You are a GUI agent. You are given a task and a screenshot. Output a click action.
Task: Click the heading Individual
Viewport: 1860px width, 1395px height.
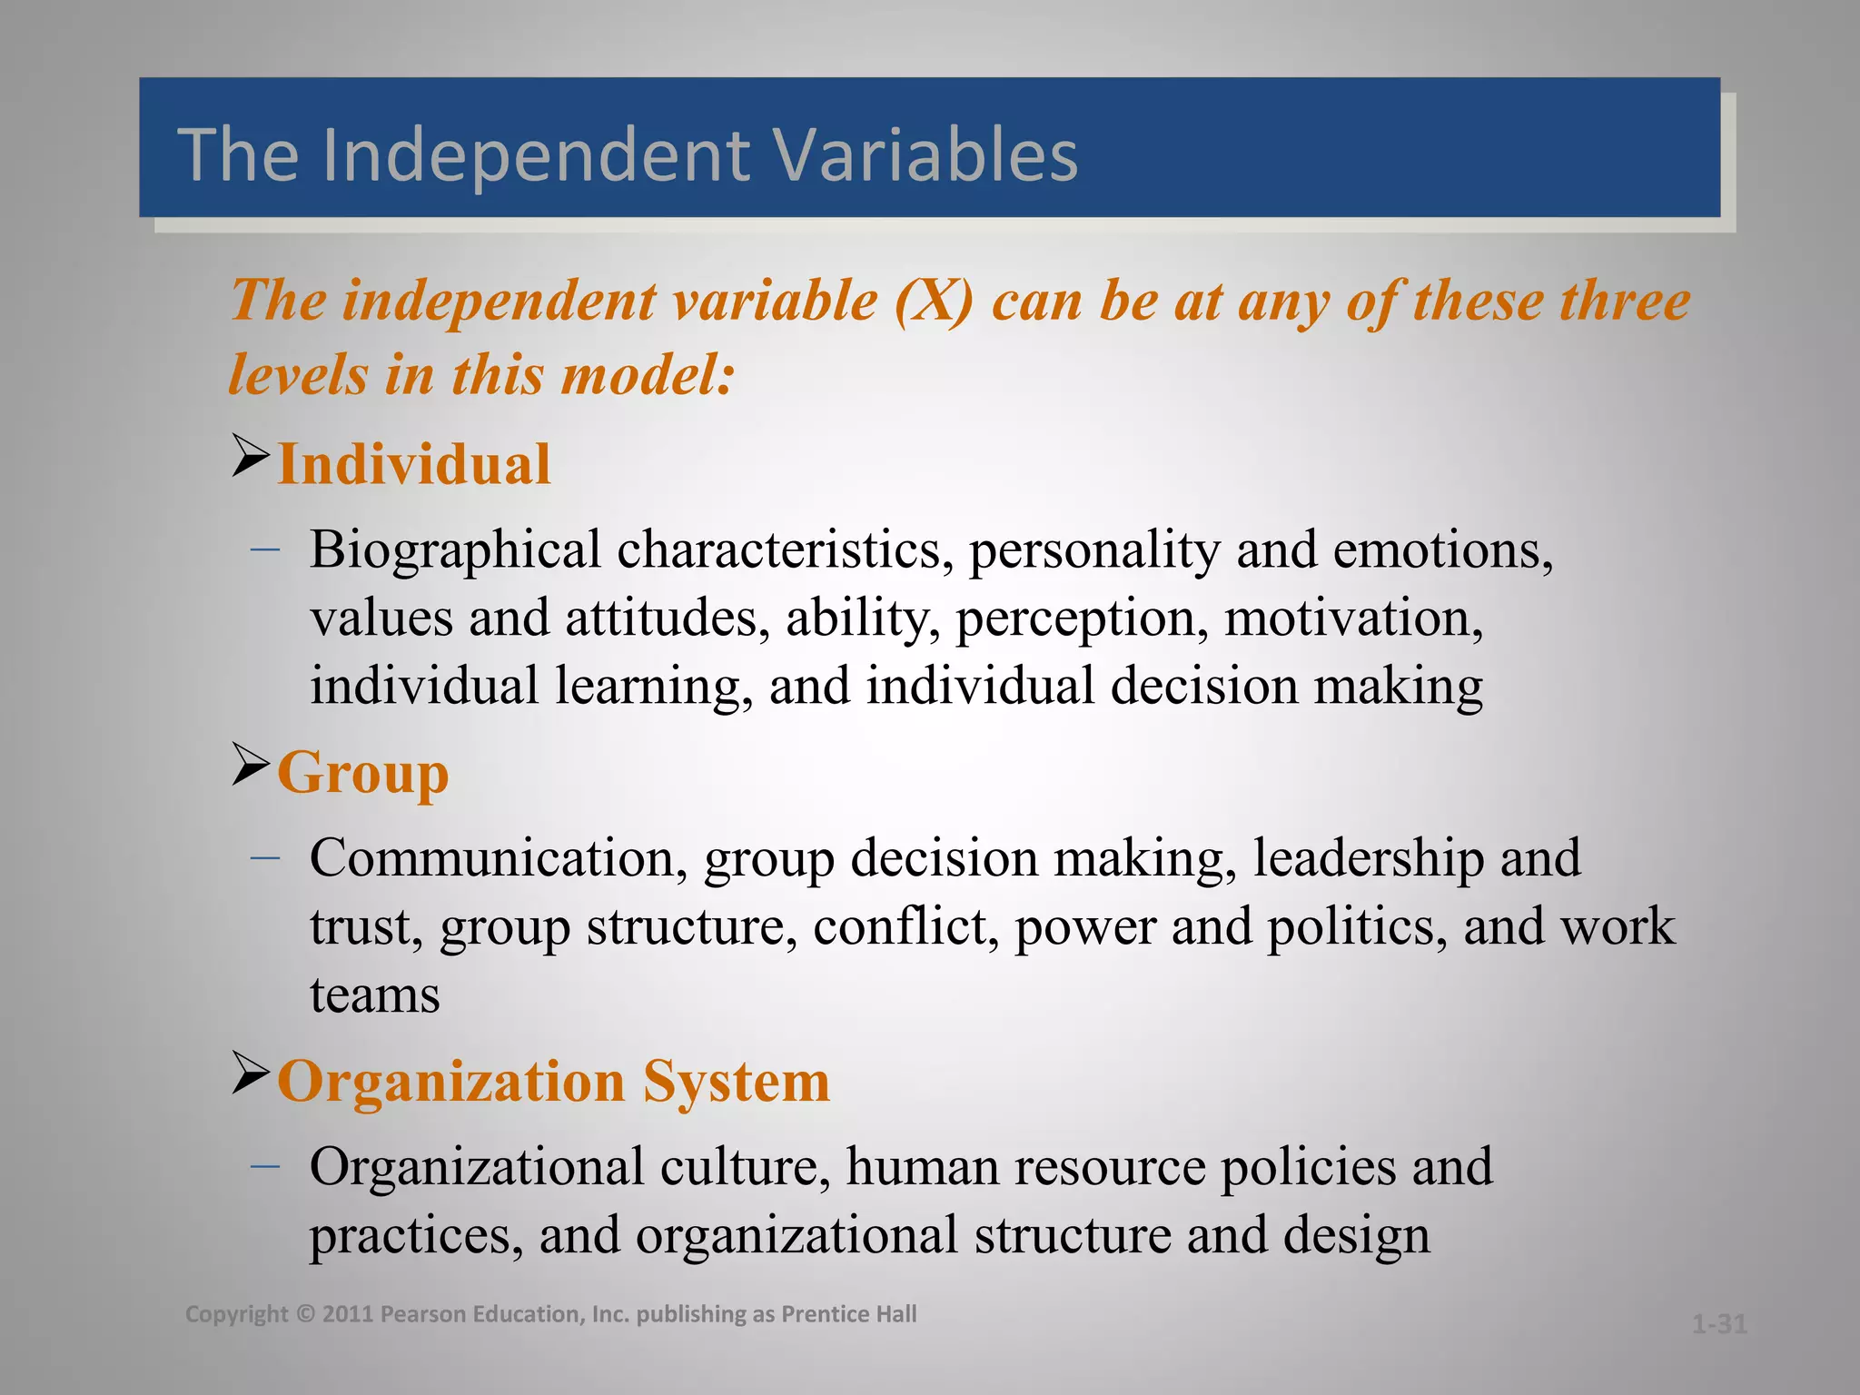(413, 465)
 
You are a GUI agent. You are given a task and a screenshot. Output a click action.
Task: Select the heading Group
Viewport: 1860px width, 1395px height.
(362, 774)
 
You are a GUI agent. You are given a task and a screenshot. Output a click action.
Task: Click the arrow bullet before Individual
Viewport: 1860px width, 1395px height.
(251, 456)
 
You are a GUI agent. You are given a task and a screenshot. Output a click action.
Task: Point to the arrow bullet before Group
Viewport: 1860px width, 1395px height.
(251, 764)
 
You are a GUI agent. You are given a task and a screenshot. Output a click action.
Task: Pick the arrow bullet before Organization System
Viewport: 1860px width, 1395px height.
(251, 1073)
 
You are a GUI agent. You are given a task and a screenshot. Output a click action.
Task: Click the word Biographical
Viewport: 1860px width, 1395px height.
(455, 550)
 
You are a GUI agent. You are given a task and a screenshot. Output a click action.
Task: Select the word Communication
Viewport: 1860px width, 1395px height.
(498, 858)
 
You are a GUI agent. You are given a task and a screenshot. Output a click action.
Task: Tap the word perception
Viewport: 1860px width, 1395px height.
(1082, 618)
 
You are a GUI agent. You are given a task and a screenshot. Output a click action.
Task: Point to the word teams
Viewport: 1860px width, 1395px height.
(374, 995)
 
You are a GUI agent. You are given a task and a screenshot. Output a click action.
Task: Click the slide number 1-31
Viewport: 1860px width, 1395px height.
(1719, 1324)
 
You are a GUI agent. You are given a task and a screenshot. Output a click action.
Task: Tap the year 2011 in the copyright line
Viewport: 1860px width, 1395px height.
(348, 1314)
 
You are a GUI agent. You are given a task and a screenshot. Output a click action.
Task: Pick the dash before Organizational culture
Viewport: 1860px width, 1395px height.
(264, 1165)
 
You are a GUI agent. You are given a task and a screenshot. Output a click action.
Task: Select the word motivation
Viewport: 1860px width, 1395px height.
(1353, 618)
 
